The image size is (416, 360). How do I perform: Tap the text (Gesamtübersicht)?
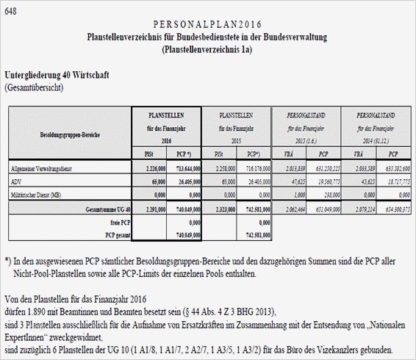click(35, 87)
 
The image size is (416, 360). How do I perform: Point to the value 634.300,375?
click(392, 210)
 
